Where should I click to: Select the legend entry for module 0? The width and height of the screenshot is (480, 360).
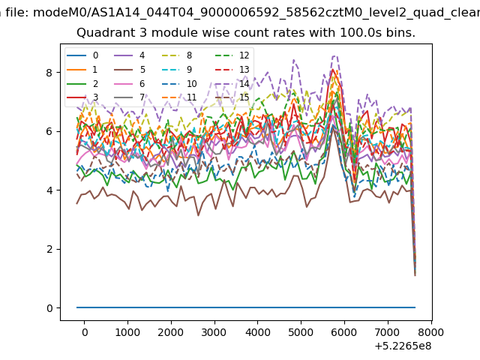pyautogui.click(x=82, y=55)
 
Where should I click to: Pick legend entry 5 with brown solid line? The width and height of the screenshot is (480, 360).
pyautogui.click(x=130, y=70)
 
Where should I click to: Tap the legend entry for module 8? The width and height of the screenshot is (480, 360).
pyautogui.click(x=177, y=55)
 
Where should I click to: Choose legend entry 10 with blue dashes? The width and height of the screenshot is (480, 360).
pyautogui.click(x=178, y=83)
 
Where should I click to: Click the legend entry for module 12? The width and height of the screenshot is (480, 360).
pyautogui.click(x=232, y=55)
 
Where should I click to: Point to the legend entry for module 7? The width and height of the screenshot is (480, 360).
pyautogui.click(x=129, y=97)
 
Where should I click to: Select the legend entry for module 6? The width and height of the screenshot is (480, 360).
pyautogui.click(x=129, y=83)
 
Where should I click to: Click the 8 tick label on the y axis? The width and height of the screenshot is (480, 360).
pyautogui.click(x=49, y=73)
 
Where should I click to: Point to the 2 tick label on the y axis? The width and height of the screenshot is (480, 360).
pyautogui.click(x=49, y=249)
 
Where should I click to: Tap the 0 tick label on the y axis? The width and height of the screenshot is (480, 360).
pyautogui.click(x=49, y=308)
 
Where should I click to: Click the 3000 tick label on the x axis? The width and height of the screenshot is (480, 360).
pyautogui.click(x=214, y=332)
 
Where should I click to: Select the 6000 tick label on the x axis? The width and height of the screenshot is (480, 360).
pyautogui.click(x=344, y=332)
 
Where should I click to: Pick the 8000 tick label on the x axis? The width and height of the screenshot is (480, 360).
pyautogui.click(x=430, y=332)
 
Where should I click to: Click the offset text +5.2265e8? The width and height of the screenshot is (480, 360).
pyautogui.click(x=403, y=346)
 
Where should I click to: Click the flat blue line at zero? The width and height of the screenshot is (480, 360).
pyautogui.click(x=246, y=307)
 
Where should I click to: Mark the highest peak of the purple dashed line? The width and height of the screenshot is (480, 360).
pyautogui.click(x=334, y=56)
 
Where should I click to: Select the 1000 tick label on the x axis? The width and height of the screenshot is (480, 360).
pyautogui.click(x=127, y=332)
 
